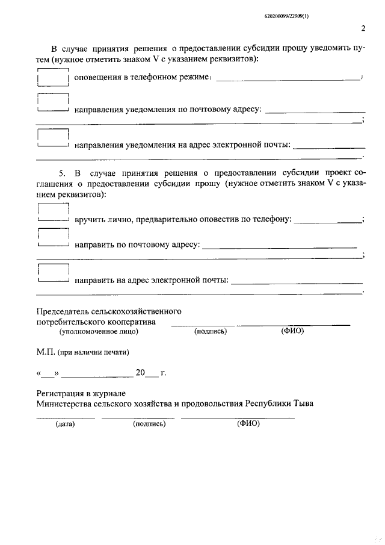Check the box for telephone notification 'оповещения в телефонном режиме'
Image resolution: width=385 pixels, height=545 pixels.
pyautogui.click(x=53, y=78)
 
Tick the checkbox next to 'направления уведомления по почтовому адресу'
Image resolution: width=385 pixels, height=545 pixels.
pyautogui.click(x=53, y=104)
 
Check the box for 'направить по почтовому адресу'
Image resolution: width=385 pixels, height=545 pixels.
pyautogui.click(x=53, y=238)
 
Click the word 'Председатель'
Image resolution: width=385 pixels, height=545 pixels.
pyautogui.click(x=62, y=311)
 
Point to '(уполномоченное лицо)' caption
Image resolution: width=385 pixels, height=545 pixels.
pyautogui.click(x=98, y=331)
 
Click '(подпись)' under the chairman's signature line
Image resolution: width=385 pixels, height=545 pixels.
pyautogui.click(x=210, y=331)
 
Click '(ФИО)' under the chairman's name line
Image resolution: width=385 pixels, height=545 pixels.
pyautogui.click(x=293, y=331)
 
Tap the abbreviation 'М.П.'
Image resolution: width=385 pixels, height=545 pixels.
pyautogui.click(x=46, y=352)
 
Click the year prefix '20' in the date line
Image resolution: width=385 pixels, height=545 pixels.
pyautogui.click(x=140, y=373)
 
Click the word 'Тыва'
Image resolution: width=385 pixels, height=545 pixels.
pyautogui.click(x=302, y=403)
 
